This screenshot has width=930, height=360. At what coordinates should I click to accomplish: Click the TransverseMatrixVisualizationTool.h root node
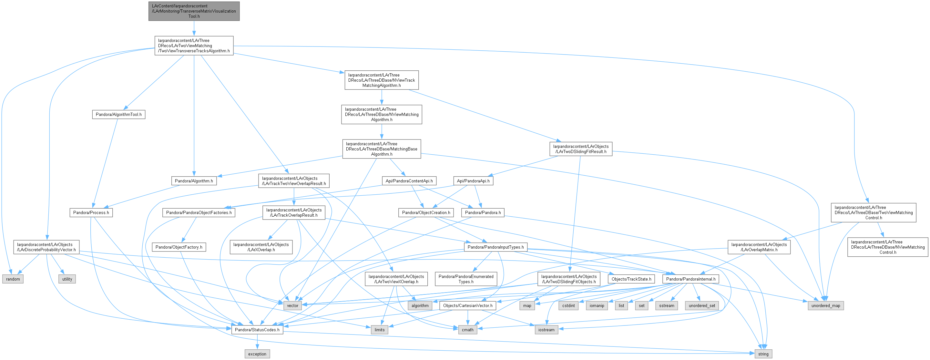(x=194, y=11)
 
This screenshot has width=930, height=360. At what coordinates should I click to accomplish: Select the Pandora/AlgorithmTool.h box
(x=118, y=115)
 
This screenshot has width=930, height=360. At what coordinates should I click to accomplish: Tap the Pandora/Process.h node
(x=91, y=213)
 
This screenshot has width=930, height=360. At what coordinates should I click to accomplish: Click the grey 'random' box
(x=13, y=279)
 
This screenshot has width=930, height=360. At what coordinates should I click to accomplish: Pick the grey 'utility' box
(x=67, y=279)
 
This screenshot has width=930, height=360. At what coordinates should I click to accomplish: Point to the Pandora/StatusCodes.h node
(x=257, y=330)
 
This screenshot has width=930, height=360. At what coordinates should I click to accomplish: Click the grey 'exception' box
(x=257, y=354)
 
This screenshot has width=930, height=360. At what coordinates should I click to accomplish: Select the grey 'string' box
(x=763, y=354)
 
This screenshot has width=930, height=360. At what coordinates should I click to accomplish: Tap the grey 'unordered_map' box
(x=826, y=305)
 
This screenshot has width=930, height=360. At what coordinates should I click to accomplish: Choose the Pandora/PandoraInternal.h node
(x=691, y=279)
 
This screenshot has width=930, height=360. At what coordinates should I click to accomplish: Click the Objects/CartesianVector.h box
(x=467, y=305)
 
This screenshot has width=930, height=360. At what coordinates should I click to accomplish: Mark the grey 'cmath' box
(x=467, y=330)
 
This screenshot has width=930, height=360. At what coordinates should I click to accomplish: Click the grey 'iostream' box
(x=546, y=330)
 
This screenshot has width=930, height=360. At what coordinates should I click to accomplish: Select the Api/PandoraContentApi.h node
(x=409, y=181)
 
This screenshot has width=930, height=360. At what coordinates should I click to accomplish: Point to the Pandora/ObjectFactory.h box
(x=179, y=247)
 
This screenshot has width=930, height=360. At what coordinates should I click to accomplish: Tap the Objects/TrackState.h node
(x=631, y=279)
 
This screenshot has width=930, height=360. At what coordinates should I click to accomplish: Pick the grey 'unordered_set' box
(x=702, y=305)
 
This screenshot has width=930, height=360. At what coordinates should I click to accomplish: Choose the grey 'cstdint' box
(x=568, y=305)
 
